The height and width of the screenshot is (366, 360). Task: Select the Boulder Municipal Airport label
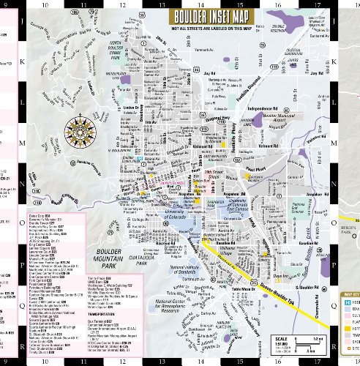[280, 116]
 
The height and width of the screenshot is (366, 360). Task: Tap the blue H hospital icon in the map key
[348, 300]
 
